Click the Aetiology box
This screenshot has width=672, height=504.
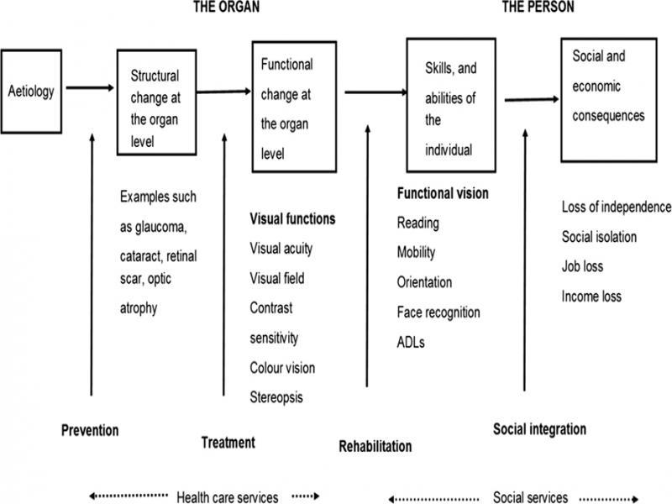[31, 92]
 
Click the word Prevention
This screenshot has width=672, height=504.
[89, 431]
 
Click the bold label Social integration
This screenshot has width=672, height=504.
[538, 430]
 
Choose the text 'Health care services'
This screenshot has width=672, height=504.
[227, 497]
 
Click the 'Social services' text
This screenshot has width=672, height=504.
[530, 497]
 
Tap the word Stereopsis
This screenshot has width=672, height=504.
[276, 397]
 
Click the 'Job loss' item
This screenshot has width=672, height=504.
[583, 266]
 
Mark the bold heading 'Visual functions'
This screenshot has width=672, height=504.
[292, 219]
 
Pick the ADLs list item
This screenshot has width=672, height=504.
[412, 342]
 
